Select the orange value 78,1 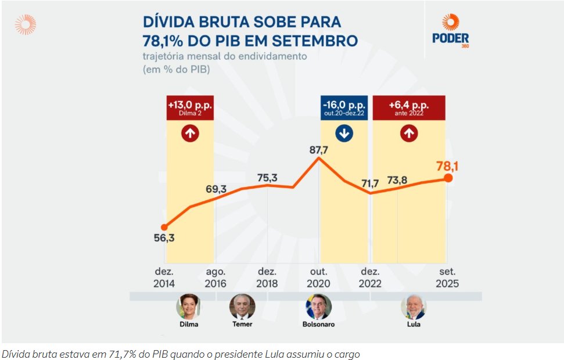click(x=447, y=167)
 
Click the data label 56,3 click(x=163, y=239)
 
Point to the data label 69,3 click(x=215, y=189)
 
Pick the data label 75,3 click(x=267, y=177)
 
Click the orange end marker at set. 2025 click(x=448, y=177)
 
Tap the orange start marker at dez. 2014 click(x=164, y=227)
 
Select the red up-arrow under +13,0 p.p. click(x=190, y=134)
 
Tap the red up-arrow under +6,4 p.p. click(x=409, y=134)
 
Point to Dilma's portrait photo click(x=188, y=306)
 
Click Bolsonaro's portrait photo click(x=319, y=306)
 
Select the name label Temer click(x=242, y=324)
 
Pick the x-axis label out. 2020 click(x=319, y=278)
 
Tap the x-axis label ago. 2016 click(x=215, y=278)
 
